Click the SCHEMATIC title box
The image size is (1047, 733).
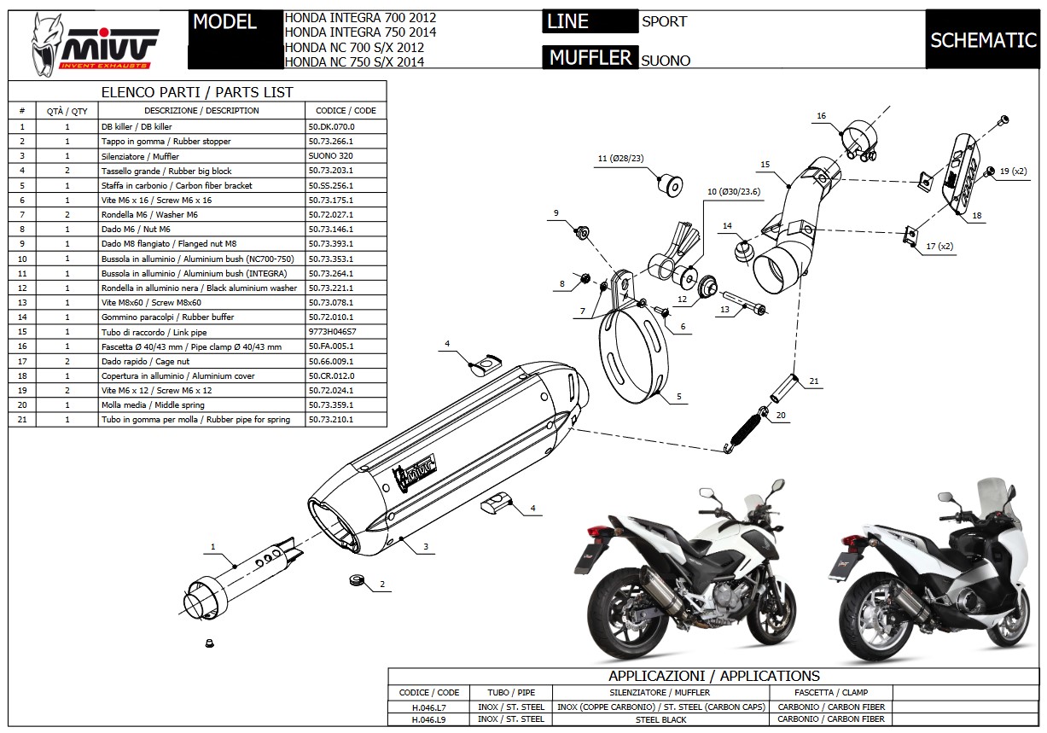(x=982, y=40)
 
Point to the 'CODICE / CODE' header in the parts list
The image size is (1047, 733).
(x=346, y=110)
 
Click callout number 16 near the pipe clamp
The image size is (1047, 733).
(x=821, y=115)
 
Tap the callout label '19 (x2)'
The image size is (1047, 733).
(x=1013, y=172)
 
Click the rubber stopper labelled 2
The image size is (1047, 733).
(x=358, y=582)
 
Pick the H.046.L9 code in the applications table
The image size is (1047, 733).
(x=428, y=718)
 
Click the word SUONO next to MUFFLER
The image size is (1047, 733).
(x=666, y=61)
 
